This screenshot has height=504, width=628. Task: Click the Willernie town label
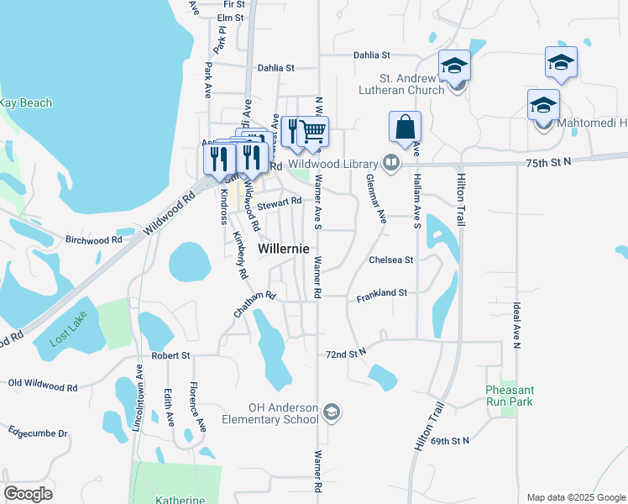(283, 249)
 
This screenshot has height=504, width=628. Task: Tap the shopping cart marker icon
(313, 131)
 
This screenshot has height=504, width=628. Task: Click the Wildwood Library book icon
(390, 163)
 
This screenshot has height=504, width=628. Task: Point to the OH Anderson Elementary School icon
(332, 411)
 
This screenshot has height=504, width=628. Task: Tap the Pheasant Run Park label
(509, 396)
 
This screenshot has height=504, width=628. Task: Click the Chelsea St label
(391, 260)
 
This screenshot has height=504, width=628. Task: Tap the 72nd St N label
(347, 354)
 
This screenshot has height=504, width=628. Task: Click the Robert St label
(171, 356)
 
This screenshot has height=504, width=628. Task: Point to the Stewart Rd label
(280, 202)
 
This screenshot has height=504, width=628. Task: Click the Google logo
(28, 494)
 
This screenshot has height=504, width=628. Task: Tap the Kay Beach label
(25, 103)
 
